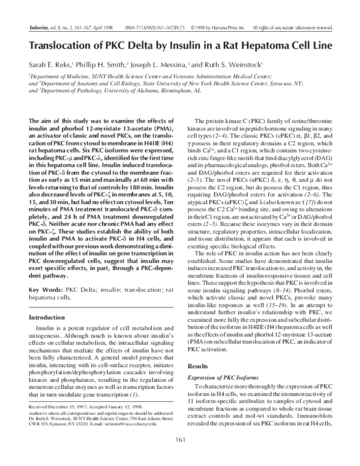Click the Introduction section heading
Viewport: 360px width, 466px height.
[x=50, y=317]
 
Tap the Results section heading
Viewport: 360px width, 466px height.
[x=198, y=366]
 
